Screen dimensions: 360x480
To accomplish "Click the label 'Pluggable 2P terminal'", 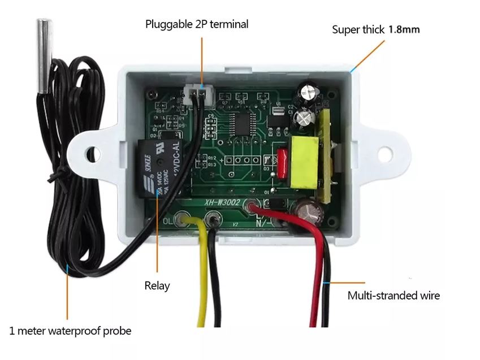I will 196,24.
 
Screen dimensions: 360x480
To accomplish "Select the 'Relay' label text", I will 157,285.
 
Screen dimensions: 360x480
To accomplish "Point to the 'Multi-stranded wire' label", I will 393,295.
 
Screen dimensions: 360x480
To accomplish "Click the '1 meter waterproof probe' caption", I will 70,331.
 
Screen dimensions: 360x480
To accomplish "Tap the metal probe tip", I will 44,56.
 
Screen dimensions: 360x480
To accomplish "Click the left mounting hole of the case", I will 92,151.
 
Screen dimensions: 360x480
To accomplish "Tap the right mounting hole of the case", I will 389,151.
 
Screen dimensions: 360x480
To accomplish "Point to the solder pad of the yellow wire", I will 183,218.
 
